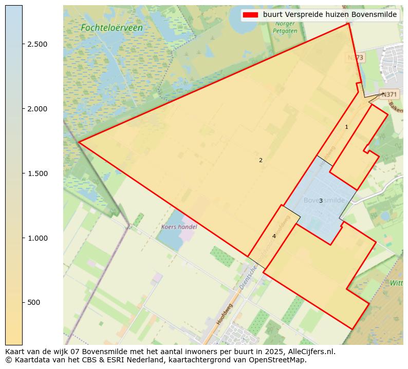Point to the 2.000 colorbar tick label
point(37,109)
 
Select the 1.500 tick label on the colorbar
point(37,173)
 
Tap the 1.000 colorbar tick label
point(37,238)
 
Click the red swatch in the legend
point(251,15)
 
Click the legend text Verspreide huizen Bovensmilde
point(329,15)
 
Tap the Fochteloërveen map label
point(112,28)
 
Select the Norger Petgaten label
point(285,27)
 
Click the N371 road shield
point(389,94)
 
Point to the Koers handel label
point(179,226)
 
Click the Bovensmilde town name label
point(324,200)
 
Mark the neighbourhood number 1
point(346,127)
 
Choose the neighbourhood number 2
point(261,160)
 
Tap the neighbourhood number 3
point(321,201)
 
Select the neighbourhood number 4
point(274,236)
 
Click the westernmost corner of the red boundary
point(78,142)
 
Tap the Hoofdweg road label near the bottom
point(225,313)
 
